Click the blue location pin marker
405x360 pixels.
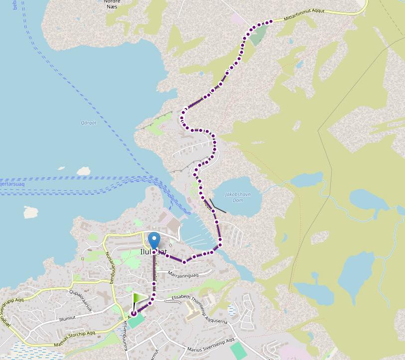click(154, 240)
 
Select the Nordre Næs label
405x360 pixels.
click(112, 3)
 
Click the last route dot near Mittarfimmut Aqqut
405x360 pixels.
click(271, 21)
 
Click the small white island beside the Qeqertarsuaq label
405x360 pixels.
click(83, 171)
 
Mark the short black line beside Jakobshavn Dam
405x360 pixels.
click(218, 206)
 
